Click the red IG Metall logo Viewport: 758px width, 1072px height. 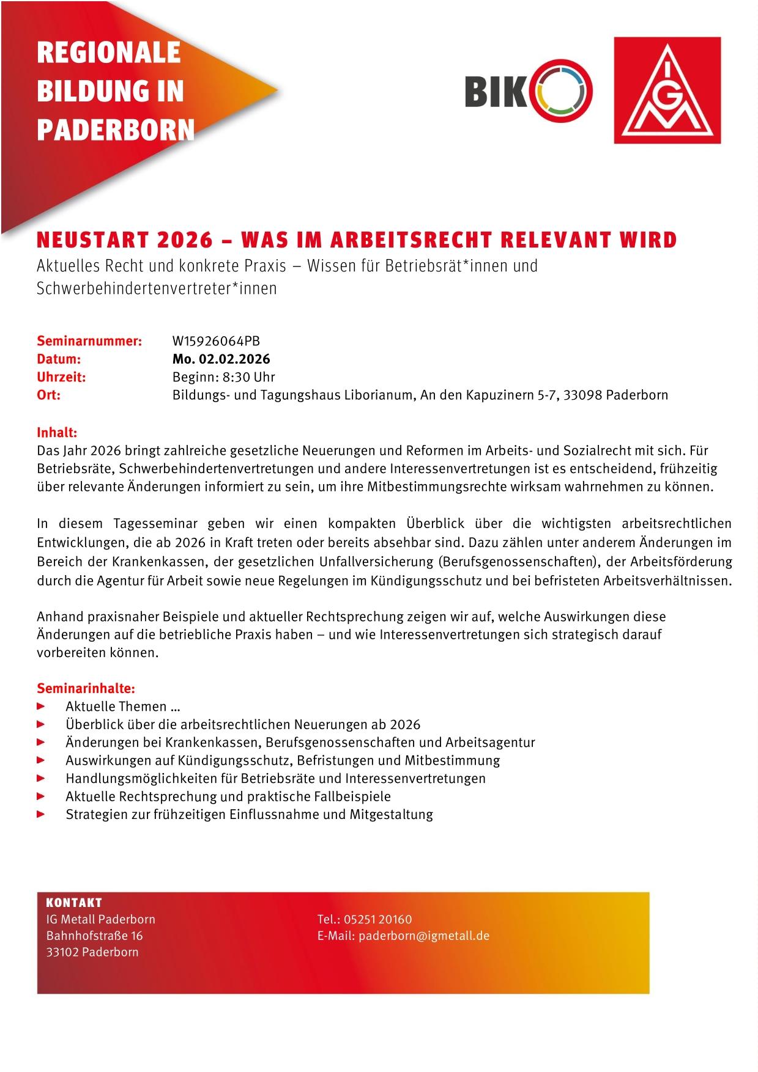click(x=667, y=90)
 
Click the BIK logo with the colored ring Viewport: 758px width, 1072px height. click(x=528, y=90)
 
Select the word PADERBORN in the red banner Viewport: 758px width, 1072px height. click(x=116, y=130)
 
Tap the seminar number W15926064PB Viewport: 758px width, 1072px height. click(x=216, y=341)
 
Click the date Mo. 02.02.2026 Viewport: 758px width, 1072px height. click(x=221, y=359)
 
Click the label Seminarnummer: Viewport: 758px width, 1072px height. click(x=89, y=341)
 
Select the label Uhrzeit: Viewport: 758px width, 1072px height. click(x=61, y=376)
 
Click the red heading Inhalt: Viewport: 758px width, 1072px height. click(x=57, y=433)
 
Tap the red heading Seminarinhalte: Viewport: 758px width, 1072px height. click(x=86, y=688)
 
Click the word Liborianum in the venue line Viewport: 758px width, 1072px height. click(x=379, y=395)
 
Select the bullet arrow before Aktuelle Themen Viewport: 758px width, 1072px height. click(x=42, y=707)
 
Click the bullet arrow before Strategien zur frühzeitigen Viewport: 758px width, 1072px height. click(x=42, y=814)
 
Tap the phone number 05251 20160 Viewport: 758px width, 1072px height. click(x=377, y=919)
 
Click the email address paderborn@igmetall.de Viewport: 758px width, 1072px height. click(x=424, y=936)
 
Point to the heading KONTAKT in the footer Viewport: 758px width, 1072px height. click(x=74, y=903)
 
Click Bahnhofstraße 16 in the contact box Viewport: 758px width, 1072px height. click(x=94, y=936)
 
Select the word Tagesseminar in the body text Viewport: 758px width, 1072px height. click(x=155, y=524)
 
